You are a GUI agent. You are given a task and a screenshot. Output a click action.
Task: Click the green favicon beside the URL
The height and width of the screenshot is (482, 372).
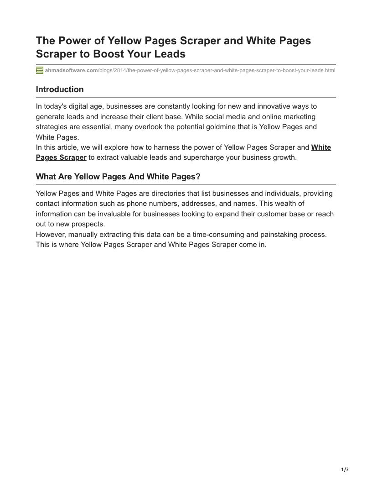pos(40,70)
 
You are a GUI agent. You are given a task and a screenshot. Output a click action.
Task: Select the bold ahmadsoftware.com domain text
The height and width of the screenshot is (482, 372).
pos(72,70)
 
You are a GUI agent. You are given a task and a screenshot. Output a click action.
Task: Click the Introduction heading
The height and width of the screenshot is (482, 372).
pos(60,89)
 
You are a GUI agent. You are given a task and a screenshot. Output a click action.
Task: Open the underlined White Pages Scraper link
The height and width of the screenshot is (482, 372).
pos(61,157)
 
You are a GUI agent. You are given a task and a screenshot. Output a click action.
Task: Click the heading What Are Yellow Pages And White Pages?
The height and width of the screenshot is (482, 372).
pos(118,177)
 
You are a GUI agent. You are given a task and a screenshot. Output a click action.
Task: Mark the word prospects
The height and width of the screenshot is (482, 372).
pos(89,224)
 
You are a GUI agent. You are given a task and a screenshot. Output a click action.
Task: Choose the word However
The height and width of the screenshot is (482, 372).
pos(50,235)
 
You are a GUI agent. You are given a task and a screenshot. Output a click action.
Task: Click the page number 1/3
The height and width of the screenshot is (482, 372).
pos(345,470)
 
